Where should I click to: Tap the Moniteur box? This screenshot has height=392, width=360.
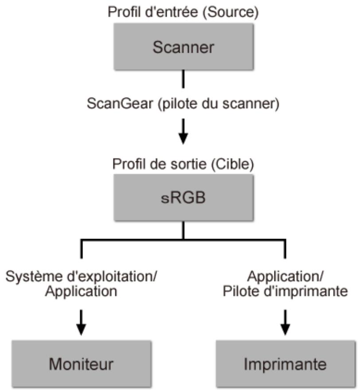[81, 364]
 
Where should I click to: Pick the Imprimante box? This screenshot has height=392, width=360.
[285, 364]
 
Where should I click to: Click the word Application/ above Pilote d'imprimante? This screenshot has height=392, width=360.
[285, 277]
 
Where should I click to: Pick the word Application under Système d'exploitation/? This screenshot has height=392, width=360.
[81, 292]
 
